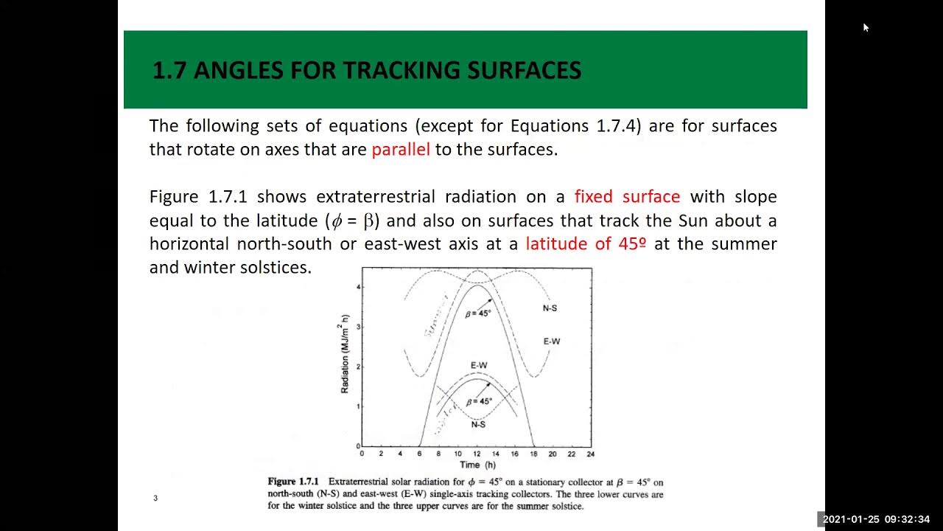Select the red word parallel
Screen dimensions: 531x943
coord(400,150)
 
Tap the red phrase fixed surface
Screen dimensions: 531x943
coord(627,197)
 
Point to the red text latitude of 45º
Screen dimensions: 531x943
coord(586,244)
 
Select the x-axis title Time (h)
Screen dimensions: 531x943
coord(478,465)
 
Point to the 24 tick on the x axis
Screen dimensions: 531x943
coord(591,454)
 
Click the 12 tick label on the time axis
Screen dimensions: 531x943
coord(477,454)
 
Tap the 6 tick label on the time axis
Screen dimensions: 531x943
coord(420,454)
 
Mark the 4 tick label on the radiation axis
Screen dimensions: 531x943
coord(358,287)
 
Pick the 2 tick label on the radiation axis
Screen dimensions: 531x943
coord(358,367)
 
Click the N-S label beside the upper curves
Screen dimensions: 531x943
coord(550,308)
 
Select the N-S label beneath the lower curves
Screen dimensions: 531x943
coord(478,424)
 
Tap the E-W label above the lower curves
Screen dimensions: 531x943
coord(478,366)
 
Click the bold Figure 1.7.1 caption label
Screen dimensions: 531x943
coord(292,482)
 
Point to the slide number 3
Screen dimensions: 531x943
coord(155,498)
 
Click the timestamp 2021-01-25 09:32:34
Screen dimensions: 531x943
coord(876,519)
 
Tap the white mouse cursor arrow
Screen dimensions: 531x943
coord(866,27)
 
